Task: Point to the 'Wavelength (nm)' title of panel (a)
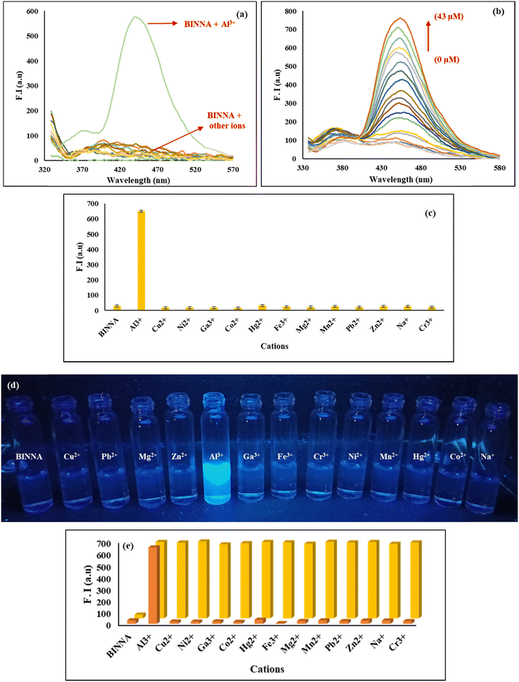coord(137,180)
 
